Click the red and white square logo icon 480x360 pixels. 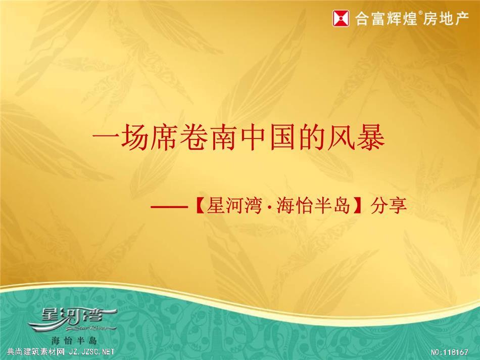(x=341, y=18)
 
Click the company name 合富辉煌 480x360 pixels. (x=387, y=18)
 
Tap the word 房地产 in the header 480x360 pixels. (x=446, y=18)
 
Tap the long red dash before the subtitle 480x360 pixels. (x=169, y=206)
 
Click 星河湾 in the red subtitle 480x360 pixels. (x=234, y=205)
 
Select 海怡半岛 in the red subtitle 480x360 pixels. (x=313, y=205)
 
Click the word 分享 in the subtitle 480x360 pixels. (x=389, y=205)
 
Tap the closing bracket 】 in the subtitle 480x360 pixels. (x=358, y=206)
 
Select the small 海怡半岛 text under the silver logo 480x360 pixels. (x=74, y=340)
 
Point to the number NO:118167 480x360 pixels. (x=449, y=352)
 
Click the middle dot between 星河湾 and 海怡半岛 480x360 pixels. (x=269, y=206)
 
